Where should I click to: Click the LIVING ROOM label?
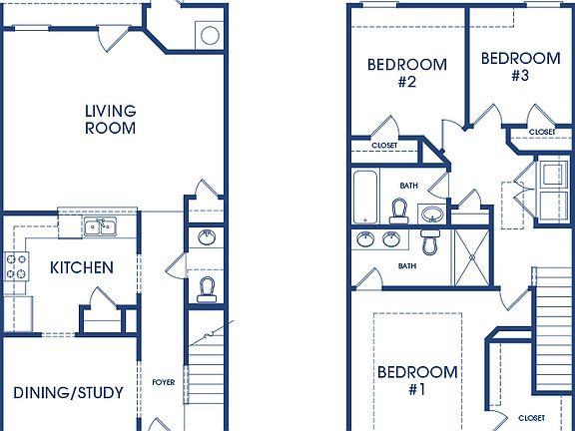click(110, 119)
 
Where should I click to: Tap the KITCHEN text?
click(81, 267)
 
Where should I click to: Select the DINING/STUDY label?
click(68, 392)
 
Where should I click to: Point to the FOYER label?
click(163, 381)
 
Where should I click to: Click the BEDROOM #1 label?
click(417, 381)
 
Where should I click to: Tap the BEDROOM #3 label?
click(519, 66)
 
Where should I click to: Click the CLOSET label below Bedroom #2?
click(384, 146)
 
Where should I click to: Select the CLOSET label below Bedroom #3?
click(542, 132)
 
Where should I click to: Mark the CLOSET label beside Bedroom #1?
click(532, 418)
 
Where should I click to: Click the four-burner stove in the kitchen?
click(17, 266)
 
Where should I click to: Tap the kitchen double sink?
click(100, 228)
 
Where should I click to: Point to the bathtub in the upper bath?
click(364, 197)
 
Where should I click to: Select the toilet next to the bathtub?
click(399, 212)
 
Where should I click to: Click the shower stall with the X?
click(472, 256)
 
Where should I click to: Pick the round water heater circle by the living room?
click(210, 36)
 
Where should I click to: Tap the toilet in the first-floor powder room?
click(207, 288)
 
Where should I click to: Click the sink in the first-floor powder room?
click(206, 237)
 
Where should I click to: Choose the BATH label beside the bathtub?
click(408, 185)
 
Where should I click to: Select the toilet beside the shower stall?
click(431, 241)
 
